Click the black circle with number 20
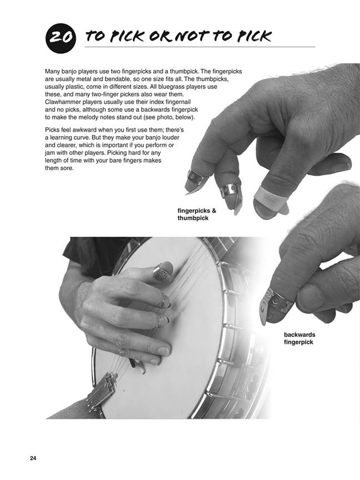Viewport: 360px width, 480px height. [61, 38]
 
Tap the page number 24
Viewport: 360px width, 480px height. [33, 458]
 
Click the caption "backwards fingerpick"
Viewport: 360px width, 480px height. [299, 338]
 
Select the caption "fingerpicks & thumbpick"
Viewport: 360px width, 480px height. [197, 214]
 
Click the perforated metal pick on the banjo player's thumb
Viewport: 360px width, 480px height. [163, 271]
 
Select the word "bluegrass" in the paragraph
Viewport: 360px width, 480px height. [176, 87]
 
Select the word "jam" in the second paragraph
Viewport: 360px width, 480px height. [49, 153]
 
